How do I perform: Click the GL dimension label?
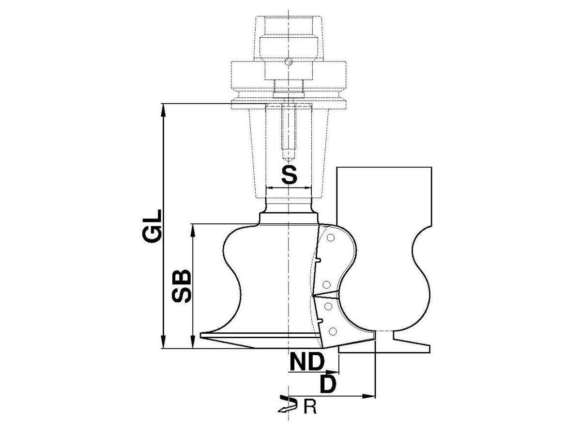[x=152, y=226]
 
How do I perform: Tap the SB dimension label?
[x=181, y=286]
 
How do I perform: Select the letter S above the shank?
[x=289, y=175]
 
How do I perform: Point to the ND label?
[x=307, y=361]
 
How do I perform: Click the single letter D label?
[x=328, y=384]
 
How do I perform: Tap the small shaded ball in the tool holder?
[x=289, y=62]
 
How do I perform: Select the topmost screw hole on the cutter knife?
[x=330, y=238]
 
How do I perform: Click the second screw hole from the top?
[x=327, y=285]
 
